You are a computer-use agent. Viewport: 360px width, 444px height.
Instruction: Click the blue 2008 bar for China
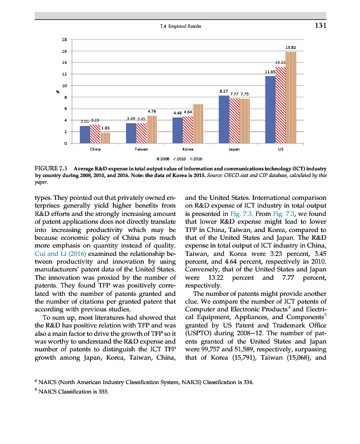click(84, 134)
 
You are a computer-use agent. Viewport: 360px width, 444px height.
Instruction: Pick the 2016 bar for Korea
click(198, 124)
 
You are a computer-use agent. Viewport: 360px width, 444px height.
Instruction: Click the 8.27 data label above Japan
click(223, 90)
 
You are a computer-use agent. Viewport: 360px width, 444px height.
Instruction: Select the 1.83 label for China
click(105, 128)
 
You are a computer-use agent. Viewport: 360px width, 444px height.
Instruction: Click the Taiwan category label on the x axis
click(141, 149)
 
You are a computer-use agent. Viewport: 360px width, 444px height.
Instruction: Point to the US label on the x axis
click(281, 149)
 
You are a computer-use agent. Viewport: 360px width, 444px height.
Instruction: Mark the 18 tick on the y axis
click(64, 40)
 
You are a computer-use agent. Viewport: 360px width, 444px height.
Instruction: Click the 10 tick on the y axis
click(64, 86)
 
